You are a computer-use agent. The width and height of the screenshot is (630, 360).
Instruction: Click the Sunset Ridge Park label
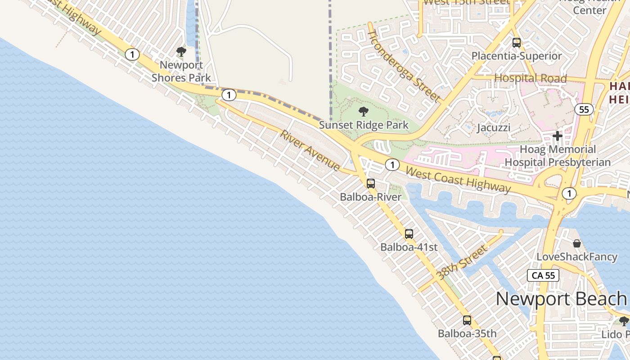[x=364, y=125]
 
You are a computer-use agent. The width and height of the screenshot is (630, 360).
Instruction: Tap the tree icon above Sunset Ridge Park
[x=364, y=112]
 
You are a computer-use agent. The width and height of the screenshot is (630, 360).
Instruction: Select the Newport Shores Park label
[x=181, y=71]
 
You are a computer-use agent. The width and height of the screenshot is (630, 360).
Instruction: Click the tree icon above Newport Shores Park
[x=181, y=52]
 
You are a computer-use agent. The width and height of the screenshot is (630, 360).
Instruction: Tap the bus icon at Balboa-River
[x=371, y=184]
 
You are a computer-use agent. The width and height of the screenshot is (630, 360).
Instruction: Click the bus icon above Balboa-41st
[x=409, y=234]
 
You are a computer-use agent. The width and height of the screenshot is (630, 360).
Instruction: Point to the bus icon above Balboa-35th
[x=467, y=320]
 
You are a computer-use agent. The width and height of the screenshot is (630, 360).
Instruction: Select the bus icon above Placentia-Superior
[x=517, y=43]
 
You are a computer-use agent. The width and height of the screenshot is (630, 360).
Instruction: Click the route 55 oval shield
[x=584, y=109]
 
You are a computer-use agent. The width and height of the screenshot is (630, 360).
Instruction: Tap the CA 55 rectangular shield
[x=543, y=275]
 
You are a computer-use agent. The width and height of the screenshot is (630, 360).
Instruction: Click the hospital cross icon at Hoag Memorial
[x=558, y=135]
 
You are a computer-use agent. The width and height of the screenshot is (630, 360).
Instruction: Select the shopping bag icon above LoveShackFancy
[x=577, y=243]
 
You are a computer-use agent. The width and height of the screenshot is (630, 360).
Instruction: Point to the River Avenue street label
[x=310, y=150]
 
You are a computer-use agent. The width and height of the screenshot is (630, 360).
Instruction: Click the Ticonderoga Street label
[x=404, y=66]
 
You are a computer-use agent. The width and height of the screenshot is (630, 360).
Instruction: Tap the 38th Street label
[x=462, y=262]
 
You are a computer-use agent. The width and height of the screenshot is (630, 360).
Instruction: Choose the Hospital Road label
[x=530, y=78]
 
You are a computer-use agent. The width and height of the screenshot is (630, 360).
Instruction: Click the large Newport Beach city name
[x=561, y=298]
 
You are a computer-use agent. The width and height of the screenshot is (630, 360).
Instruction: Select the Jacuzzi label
[x=493, y=127]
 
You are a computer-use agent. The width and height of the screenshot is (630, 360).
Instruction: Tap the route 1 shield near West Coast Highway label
[x=392, y=165]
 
